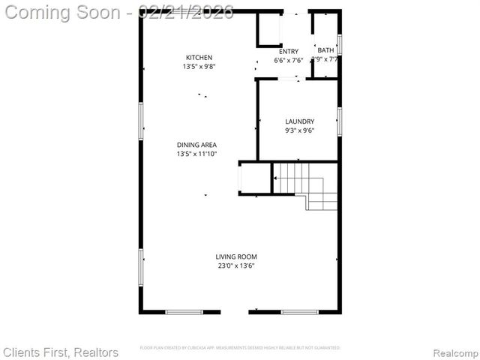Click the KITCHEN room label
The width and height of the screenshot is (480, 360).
pos(199,58)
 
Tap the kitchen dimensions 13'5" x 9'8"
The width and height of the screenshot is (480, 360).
pos(199,67)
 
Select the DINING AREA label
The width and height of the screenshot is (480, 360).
pos(196,145)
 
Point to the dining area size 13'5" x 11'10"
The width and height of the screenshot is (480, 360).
pos(196,154)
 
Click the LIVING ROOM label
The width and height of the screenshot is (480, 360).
pos(236,256)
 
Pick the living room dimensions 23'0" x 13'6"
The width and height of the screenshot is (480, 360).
pos(236,265)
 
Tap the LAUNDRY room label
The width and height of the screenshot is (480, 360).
pos(299,121)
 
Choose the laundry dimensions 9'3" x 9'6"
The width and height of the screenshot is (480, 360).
pos(299,130)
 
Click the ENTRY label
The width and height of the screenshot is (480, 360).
pos(289,52)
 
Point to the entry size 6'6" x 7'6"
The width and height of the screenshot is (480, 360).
pos(289,61)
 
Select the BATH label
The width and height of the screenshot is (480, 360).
pos(326,50)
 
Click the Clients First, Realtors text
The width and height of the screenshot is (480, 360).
pos(61,352)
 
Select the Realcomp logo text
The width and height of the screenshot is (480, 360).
pos(452,352)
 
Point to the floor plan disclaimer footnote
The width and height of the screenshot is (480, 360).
pos(240,348)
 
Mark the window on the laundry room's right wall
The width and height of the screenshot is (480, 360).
pos(340,121)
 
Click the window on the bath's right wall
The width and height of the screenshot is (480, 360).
pos(340,45)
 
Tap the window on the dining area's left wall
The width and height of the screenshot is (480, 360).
pos(141,121)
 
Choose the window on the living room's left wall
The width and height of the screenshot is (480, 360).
pos(141,267)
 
